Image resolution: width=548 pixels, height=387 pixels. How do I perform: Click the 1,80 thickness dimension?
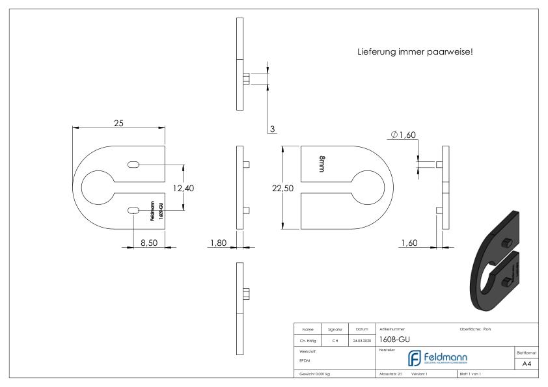pos(219,243)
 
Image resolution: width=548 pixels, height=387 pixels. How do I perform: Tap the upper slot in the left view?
pos(133,165)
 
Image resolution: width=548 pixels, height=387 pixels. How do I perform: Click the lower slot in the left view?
pos(133,210)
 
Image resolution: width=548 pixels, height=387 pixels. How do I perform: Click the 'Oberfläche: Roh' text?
pos(478,328)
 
